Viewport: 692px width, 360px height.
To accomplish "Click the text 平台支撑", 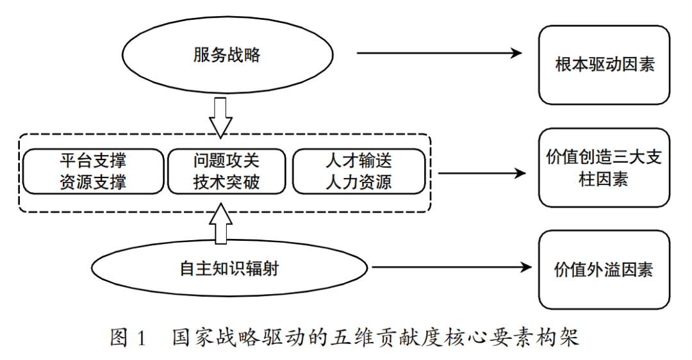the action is point(93,161).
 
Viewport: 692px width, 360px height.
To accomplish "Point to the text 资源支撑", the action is point(93,182).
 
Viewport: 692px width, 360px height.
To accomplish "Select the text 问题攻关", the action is point(226,161).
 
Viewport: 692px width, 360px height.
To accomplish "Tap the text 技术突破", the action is point(226,182).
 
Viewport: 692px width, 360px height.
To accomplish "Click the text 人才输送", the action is point(359,161).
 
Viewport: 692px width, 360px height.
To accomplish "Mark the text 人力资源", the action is point(359,182).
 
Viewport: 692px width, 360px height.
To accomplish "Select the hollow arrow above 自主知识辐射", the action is point(220,223).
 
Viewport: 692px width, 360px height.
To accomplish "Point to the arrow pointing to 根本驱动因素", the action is point(439,53).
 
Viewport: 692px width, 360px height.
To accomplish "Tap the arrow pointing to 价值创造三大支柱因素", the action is point(482,173).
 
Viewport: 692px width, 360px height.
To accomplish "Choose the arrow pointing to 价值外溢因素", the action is point(452,267).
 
